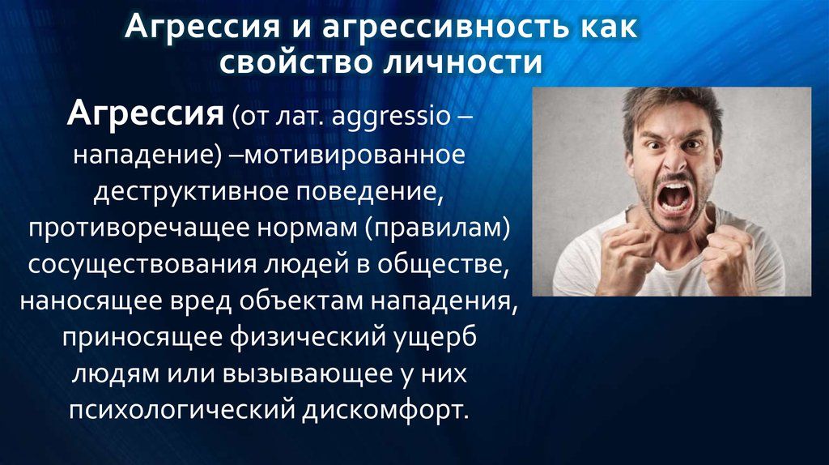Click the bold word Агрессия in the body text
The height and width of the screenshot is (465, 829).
tap(145, 113)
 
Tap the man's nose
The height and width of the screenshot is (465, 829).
tap(674, 163)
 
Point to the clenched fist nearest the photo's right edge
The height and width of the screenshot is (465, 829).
tap(729, 258)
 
